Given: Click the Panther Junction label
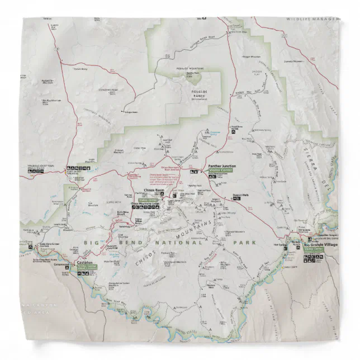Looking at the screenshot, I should click(x=221, y=166).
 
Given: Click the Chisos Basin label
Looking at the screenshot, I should click(x=153, y=191).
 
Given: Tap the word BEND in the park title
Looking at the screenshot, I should click(x=118, y=243).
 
